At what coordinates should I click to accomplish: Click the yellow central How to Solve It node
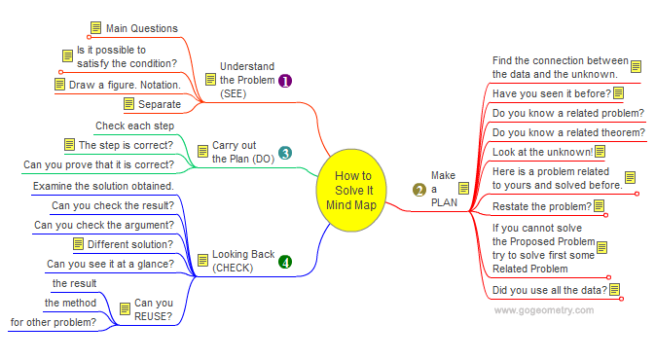tap(351, 190)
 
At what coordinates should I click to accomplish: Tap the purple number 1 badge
tap(285, 81)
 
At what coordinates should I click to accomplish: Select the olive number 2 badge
tap(418, 190)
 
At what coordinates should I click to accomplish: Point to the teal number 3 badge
tap(285, 153)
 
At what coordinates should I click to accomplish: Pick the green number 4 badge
tap(285, 263)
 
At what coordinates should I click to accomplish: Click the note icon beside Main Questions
tap(96, 28)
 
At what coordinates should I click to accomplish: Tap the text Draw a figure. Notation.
tap(125, 85)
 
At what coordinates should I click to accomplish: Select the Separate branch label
tap(160, 104)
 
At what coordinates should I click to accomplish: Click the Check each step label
tap(135, 126)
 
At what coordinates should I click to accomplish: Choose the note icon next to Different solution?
tap(78, 244)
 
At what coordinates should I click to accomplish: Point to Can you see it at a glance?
tap(110, 264)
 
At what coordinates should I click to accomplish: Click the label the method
tap(70, 303)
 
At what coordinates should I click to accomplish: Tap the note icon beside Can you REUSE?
tap(125, 309)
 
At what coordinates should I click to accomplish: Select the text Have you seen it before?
tap(552, 93)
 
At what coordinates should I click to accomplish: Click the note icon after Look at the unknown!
tap(600, 152)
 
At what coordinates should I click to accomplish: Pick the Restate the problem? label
tap(542, 206)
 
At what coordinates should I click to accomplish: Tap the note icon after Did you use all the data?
tap(614, 289)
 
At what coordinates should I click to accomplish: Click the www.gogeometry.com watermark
tap(543, 310)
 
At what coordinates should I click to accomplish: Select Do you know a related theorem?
tap(568, 132)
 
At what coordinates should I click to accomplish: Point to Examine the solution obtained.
tap(103, 186)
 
